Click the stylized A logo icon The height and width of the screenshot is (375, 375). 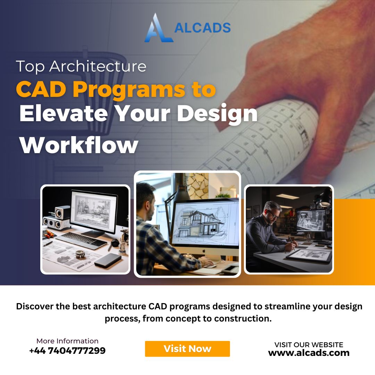(158, 28)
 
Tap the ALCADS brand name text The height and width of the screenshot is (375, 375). (202, 28)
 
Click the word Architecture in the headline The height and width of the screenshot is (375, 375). (98, 66)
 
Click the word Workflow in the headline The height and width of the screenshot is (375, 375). (79, 145)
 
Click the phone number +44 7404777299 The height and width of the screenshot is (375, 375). (67, 351)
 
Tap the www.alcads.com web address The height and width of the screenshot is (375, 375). (309, 353)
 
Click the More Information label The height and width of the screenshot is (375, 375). (67, 341)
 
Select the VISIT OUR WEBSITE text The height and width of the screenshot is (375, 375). (309, 345)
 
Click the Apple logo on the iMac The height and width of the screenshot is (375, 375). (204, 251)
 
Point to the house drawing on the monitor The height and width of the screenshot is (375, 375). (200, 224)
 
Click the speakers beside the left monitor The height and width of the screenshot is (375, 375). (57, 218)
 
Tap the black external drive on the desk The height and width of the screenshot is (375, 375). (108, 260)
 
